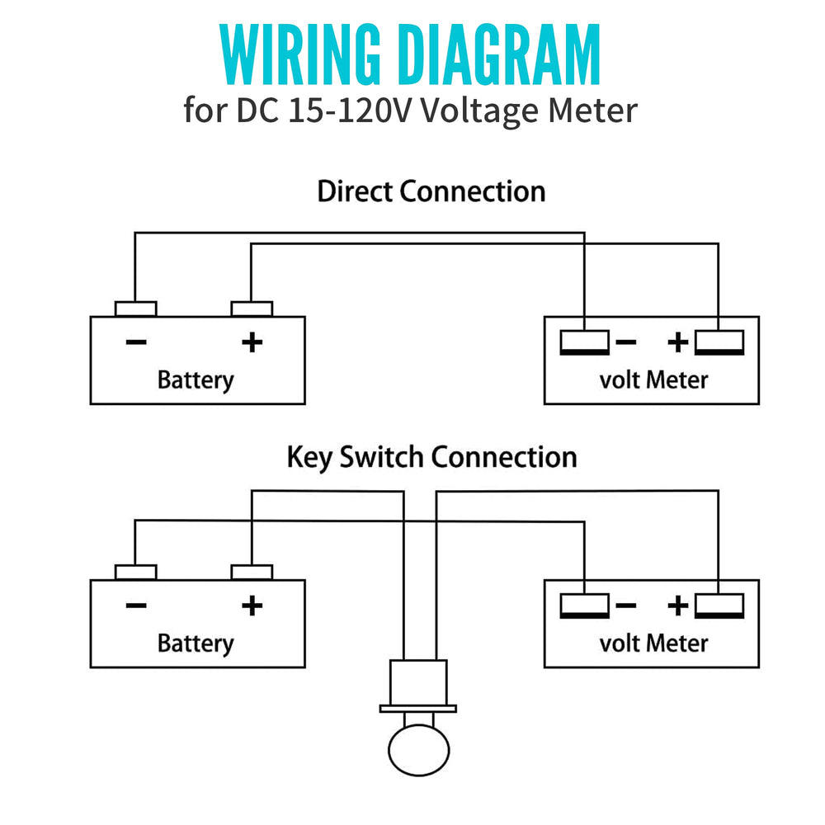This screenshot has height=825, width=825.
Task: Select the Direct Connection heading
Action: pyautogui.click(x=431, y=191)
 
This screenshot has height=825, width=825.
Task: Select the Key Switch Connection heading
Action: pyautogui.click(x=431, y=457)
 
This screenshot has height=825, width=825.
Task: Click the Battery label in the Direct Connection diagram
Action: pyautogui.click(x=196, y=379)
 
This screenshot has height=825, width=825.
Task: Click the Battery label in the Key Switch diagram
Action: pyautogui.click(x=196, y=643)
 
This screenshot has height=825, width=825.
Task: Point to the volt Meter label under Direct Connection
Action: pyautogui.click(x=653, y=379)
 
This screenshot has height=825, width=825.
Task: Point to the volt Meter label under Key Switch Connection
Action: pyautogui.click(x=653, y=643)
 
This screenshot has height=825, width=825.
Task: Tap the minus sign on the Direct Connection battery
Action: pyautogui.click(x=136, y=342)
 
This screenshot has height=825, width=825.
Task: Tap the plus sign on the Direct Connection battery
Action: pyautogui.click(x=252, y=342)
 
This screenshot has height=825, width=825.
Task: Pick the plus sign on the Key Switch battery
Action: pyautogui.click(x=252, y=606)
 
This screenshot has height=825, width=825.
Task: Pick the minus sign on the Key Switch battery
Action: pyautogui.click(x=136, y=606)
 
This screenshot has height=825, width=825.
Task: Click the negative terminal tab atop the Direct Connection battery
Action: pyautogui.click(x=136, y=309)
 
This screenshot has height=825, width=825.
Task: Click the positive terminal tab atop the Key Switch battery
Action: pyautogui.click(x=252, y=572)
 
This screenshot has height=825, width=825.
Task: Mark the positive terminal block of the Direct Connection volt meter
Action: pyautogui.click(x=719, y=342)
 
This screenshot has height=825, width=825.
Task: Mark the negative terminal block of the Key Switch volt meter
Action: pyautogui.click(x=585, y=606)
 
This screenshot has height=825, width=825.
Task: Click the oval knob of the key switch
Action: pyautogui.click(x=419, y=750)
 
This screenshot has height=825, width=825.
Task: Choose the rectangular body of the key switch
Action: pyautogui.click(x=419, y=682)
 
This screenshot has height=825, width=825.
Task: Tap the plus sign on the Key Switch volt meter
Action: pyautogui.click(x=678, y=606)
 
